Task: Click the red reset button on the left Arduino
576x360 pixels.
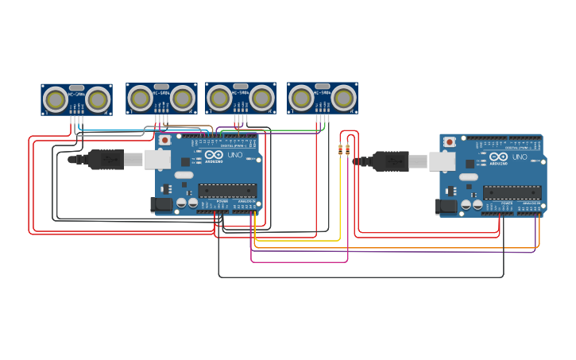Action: (164, 140)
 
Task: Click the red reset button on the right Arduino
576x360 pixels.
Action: (449, 142)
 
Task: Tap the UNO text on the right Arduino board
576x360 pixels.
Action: (520, 157)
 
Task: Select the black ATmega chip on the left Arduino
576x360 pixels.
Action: (227, 191)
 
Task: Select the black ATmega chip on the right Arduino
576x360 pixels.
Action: (512, 192)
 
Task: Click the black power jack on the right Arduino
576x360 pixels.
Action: (446, 207)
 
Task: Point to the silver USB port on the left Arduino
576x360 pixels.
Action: (157, 160)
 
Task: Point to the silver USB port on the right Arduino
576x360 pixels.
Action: (442, 162)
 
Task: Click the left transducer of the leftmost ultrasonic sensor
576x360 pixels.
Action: (55, 100)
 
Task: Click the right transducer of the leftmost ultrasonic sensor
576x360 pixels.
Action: (98, 100)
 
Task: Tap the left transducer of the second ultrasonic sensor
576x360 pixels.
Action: (140, 99)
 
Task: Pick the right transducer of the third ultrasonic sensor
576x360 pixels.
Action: (262, 99)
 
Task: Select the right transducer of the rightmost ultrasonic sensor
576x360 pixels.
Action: (343, 99)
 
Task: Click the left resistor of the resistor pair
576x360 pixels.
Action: (341, 149)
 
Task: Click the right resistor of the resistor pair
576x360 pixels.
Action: (348, 149)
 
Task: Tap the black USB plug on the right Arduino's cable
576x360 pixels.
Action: (391, 161)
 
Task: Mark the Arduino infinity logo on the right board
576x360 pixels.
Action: (498, 157)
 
